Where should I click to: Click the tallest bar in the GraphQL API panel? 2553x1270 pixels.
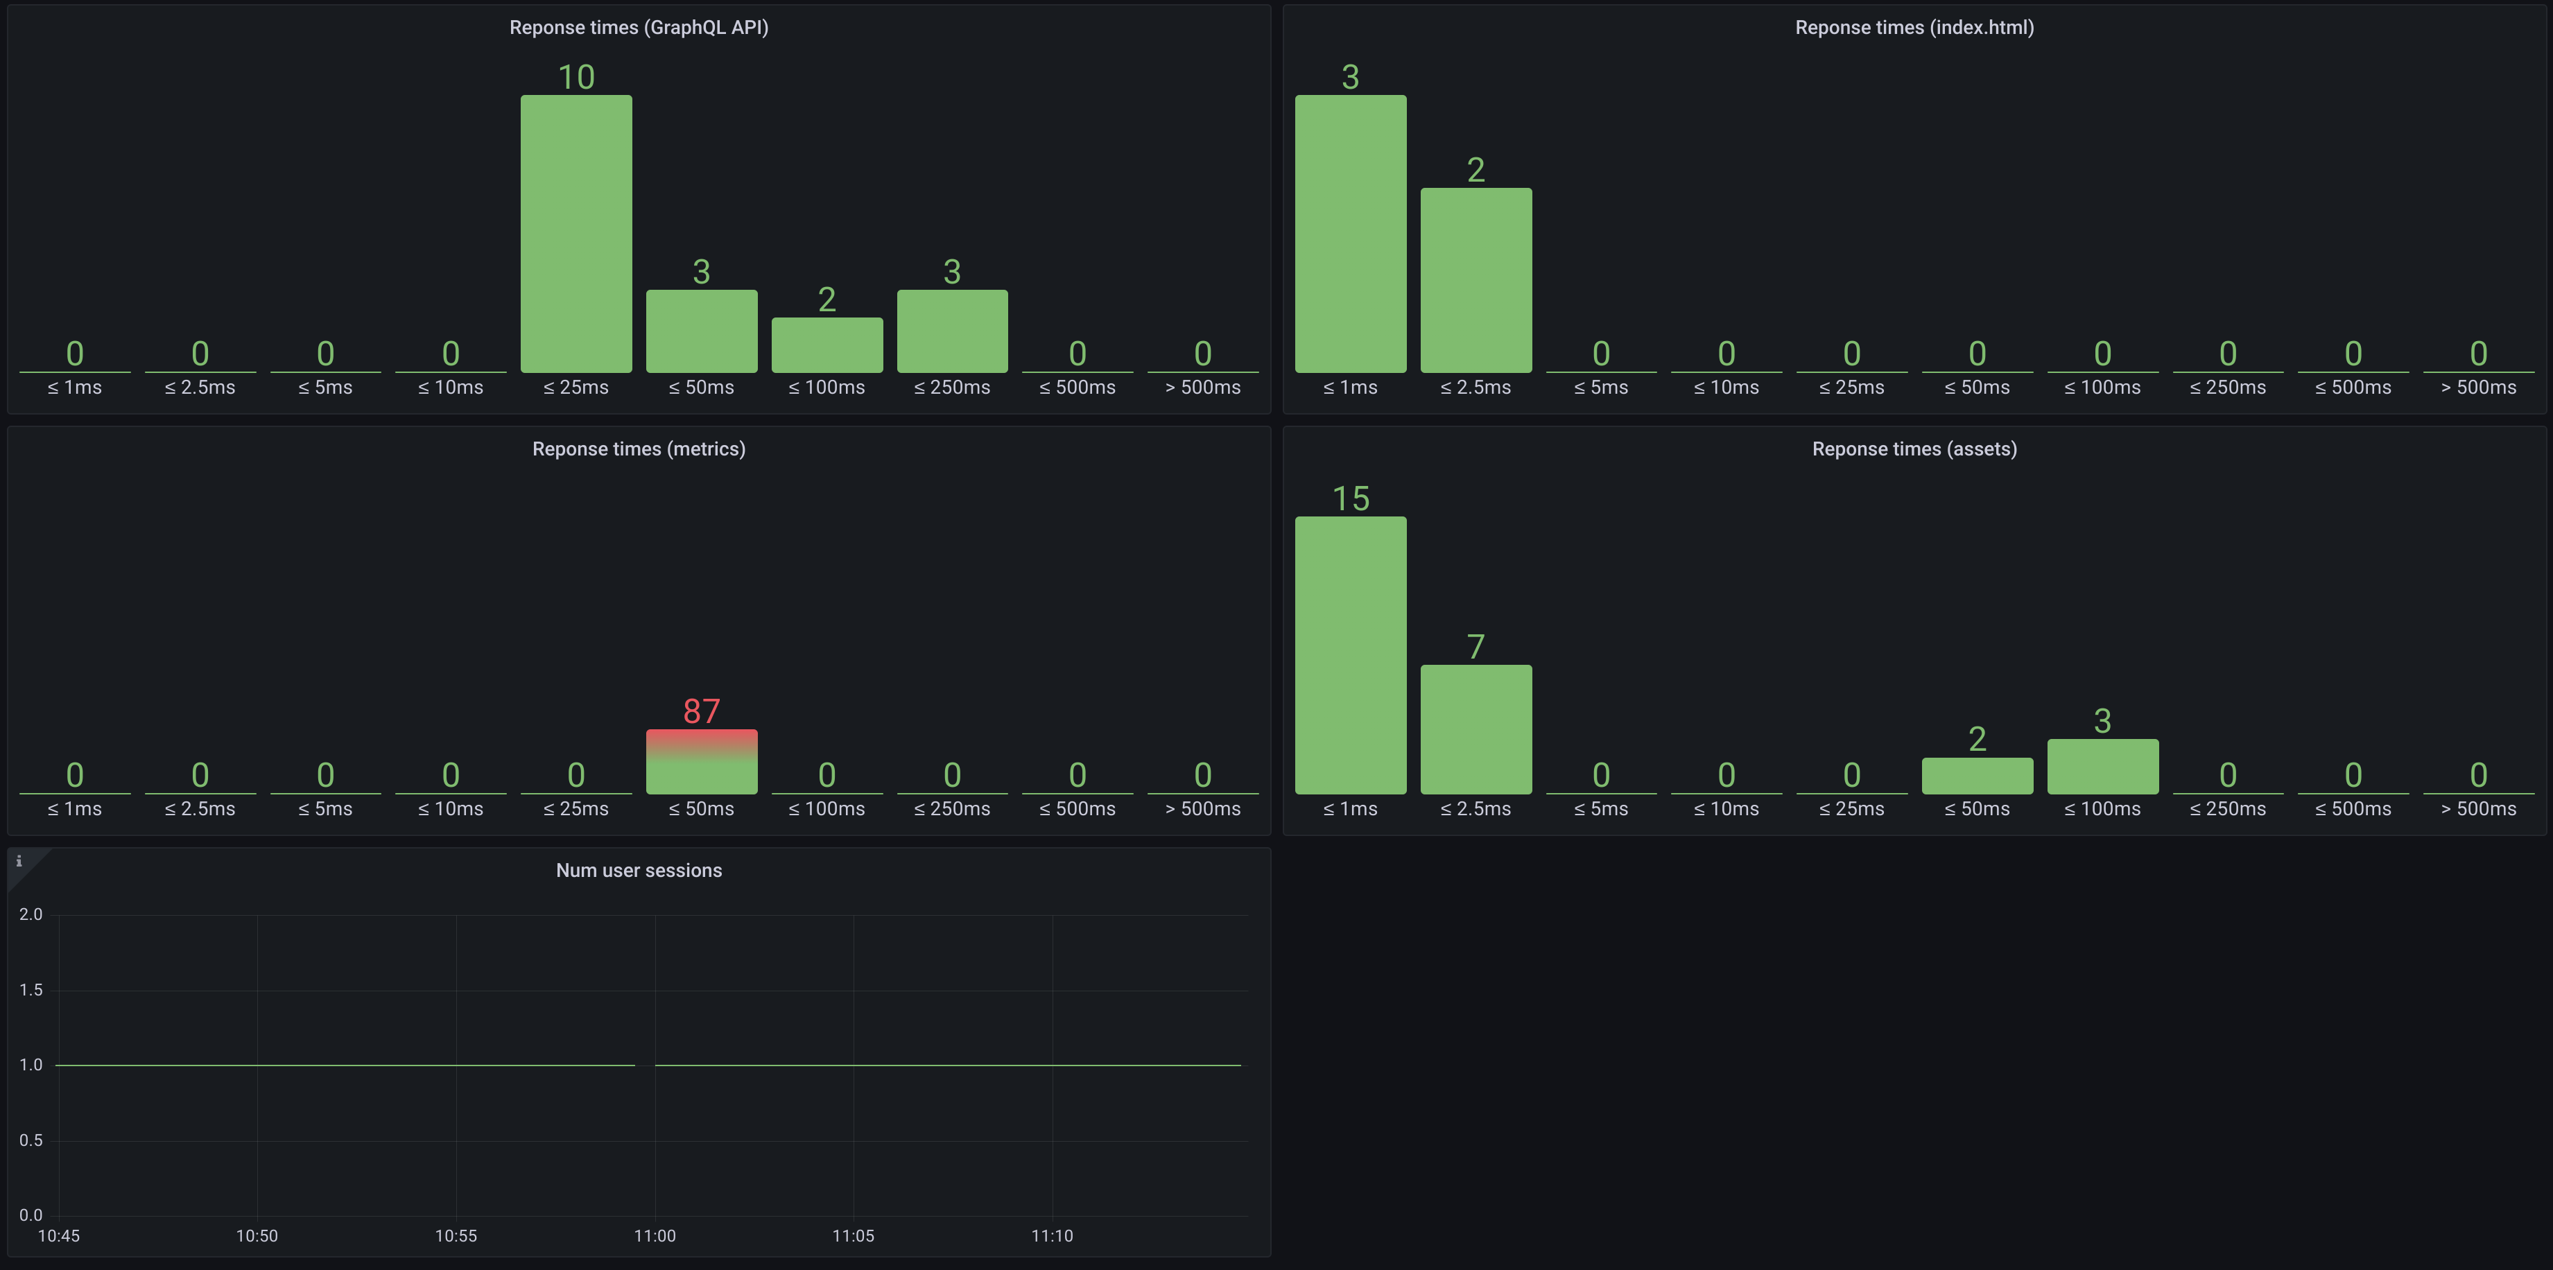point(575,234)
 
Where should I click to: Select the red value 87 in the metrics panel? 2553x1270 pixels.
point(702,711)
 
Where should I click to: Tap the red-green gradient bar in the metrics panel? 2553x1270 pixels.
point(702,760)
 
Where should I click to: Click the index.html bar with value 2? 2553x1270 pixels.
point(1475,279)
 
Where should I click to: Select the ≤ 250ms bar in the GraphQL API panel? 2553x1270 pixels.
point(951,331)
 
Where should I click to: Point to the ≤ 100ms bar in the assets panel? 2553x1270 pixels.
point(2102,766)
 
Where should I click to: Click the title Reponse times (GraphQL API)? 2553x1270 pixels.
point(638,28)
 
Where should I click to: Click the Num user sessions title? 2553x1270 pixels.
point(638,871)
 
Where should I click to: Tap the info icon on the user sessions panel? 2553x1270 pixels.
point(19,861)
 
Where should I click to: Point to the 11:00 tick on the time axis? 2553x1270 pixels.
point(654,1235)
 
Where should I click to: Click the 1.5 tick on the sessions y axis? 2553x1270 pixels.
point(31,990)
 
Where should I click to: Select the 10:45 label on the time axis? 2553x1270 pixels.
point(58,1235)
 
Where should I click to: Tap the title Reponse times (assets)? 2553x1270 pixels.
point(1914,449)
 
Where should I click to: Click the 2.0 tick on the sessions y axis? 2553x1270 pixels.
point(31,914)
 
